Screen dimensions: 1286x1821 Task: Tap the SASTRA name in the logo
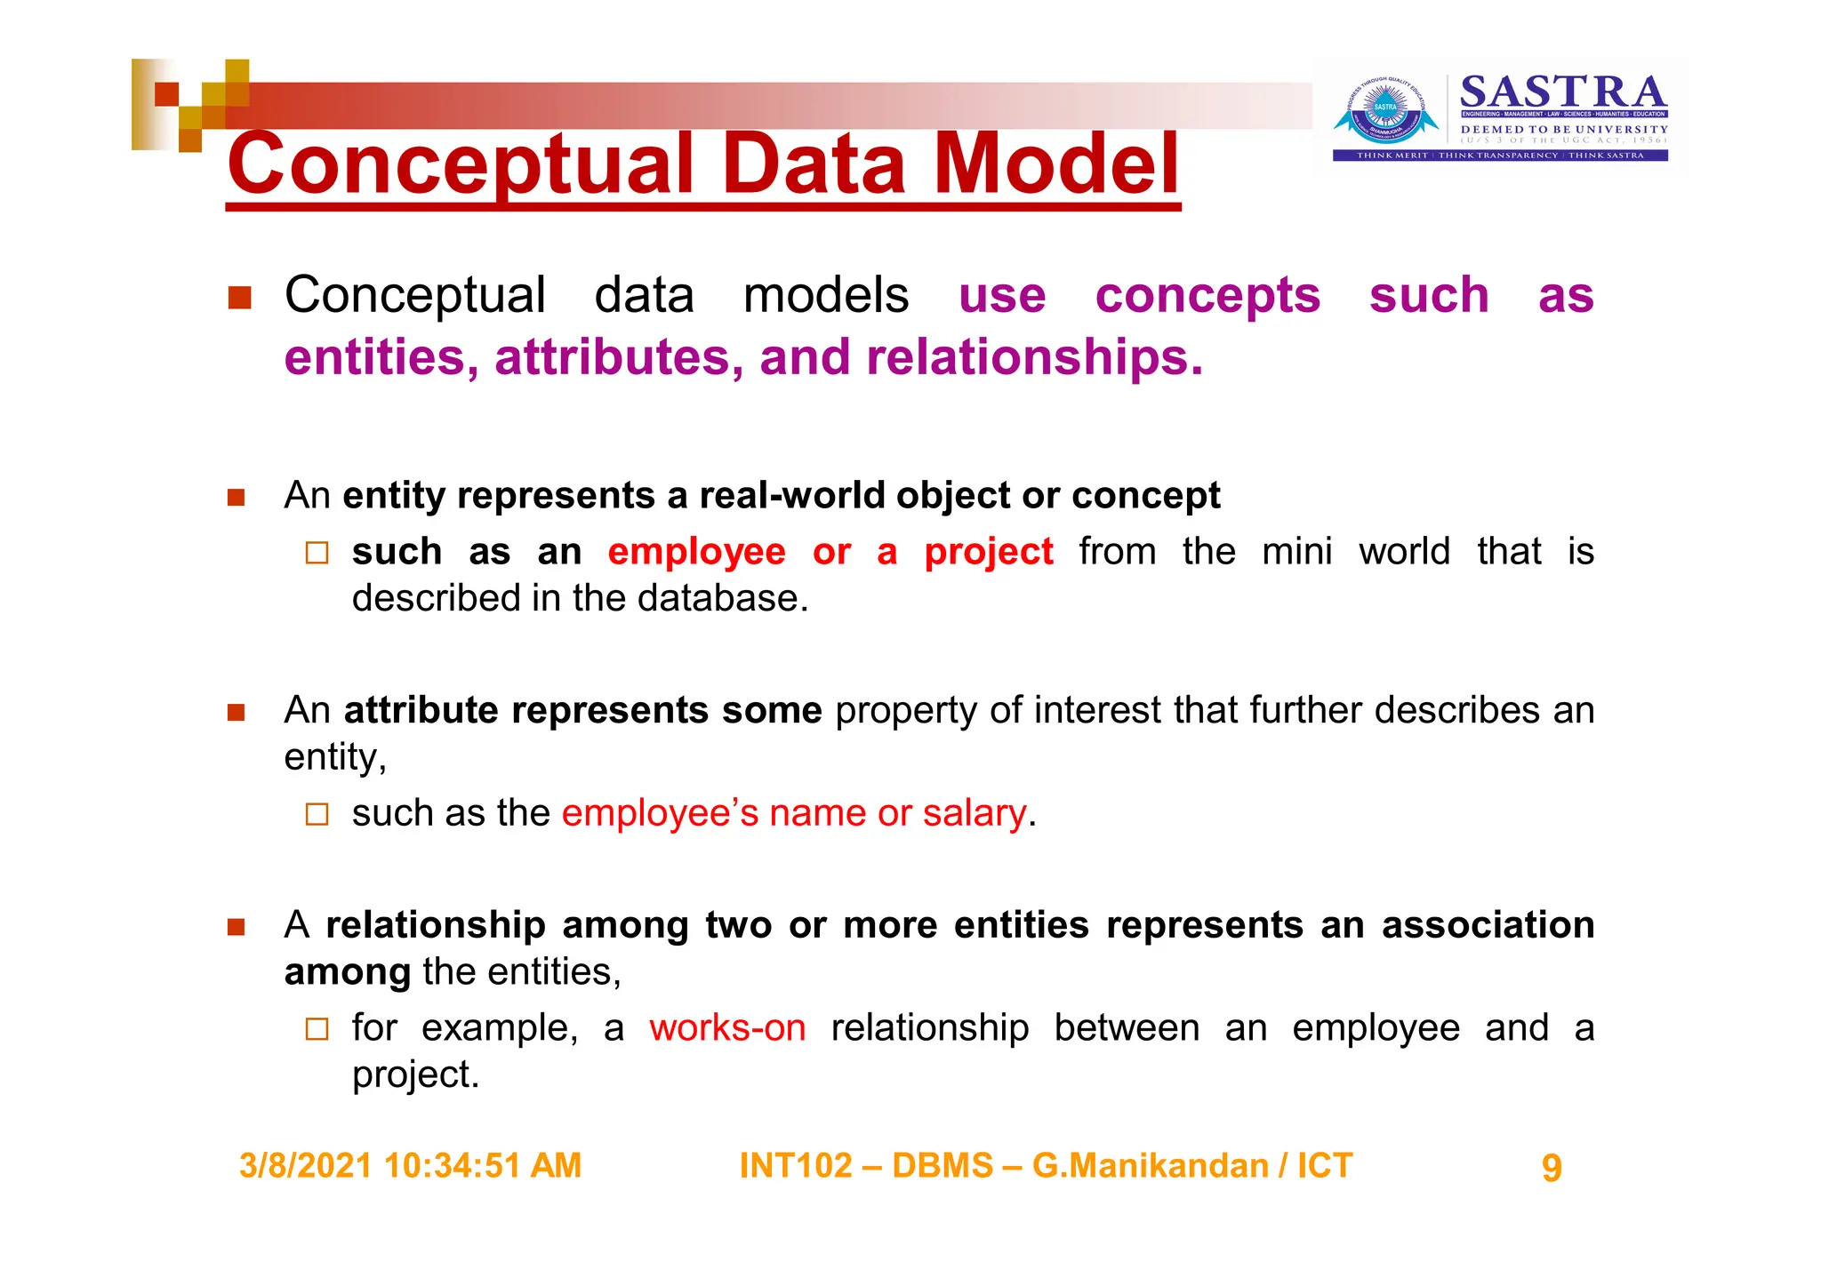pos(1563,92)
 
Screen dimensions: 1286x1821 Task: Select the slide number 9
pos(1551,1168)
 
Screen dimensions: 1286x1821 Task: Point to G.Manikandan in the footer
pos(1151,1166)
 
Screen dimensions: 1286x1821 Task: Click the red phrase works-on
pos(727,1028)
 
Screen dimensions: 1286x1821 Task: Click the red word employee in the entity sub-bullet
pos(696,552)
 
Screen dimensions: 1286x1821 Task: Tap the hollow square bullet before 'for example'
pos(317,1029)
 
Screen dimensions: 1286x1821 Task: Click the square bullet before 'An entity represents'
pos(236,497)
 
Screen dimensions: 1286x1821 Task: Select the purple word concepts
pos(1207,296)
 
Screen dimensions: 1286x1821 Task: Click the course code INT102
pos(796,1166)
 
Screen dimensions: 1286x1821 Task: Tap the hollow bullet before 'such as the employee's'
pos(317,814)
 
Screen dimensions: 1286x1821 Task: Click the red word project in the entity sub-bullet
pos(989,552)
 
